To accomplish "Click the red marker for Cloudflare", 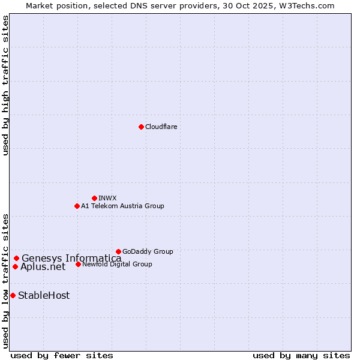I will (141, 127).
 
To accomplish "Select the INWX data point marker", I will (94, 198).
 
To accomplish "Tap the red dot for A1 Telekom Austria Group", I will (77, 206).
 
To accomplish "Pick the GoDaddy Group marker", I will (118, 251).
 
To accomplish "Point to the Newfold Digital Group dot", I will (78, 264).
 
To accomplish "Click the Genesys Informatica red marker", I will (16, 258).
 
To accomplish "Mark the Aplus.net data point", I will (15, 266).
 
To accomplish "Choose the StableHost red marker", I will (13, 295).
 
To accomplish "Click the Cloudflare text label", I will (161, 127).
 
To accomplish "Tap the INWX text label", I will (107, 198).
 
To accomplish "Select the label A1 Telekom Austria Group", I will (122, 206).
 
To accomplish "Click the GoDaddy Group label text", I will (148, 251).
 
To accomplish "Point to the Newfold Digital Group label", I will (117, 264).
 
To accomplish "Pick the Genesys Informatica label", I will (71, 258).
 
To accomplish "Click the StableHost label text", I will (44, 295).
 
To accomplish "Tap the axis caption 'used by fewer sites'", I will (62, 355).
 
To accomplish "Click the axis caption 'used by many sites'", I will (301, 355).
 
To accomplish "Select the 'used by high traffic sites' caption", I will (6, 86).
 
